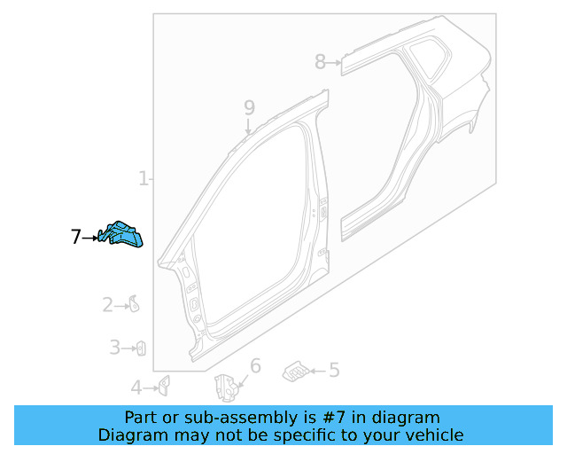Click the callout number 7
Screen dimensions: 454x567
click(75, 237)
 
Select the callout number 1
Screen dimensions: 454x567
click(143, 179)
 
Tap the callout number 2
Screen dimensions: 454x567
click(107, 306)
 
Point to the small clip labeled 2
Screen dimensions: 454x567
click(134, 305)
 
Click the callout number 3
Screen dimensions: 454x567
click(114, 348)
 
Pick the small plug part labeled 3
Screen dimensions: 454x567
click(140, 348)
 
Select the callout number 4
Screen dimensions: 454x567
click(136, 387)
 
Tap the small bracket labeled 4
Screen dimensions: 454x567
click(164, 385)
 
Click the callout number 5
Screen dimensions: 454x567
click(334, 371)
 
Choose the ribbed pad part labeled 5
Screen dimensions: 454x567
click(295, 371)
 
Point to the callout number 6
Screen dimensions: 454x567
click(255, 366)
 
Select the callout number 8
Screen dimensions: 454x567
click(320, 61)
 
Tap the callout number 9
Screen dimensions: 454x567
click(249, 107)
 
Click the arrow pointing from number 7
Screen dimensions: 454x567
click(91, 237)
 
